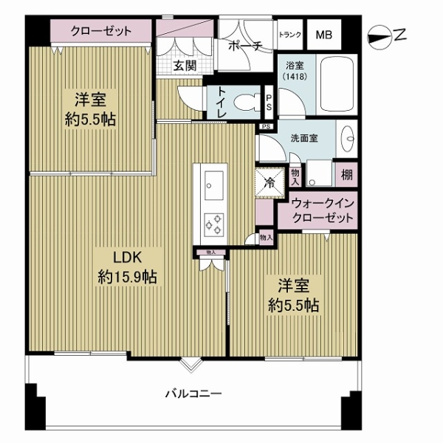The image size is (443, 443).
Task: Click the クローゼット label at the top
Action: [101, 32]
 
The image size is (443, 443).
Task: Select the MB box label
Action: [324, 34]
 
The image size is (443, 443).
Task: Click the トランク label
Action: [289, 34]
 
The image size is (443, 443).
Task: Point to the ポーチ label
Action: [246, 45]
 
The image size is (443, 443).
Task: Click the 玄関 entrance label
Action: [184, 66]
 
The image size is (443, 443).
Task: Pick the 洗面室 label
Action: [303, 138]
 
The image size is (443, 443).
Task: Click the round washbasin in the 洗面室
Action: [348, 137]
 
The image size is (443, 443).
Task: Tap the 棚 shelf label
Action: [346, 175]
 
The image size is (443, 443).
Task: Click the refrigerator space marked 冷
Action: [269, 180]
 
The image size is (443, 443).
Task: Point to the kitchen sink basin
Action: [215, 182]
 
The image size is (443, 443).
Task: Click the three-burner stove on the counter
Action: [215, 220]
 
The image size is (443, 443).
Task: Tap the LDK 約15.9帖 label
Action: [128, 267]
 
